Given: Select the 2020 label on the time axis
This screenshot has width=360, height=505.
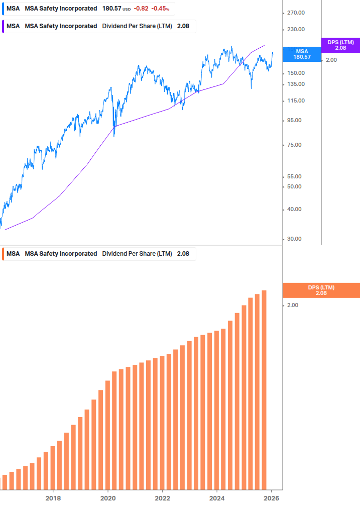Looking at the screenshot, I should (x=108, y=498).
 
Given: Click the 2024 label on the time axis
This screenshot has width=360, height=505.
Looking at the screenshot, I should (x=217, y=498).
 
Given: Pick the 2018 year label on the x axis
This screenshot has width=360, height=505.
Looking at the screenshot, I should (x=53, y=498).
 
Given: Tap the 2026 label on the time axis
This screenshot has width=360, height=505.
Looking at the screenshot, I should (x=272, y=498).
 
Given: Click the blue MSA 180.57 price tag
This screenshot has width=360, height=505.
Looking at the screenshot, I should (x=302, y=54).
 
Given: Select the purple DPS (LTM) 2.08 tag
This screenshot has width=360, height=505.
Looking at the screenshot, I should (x=340, y=45).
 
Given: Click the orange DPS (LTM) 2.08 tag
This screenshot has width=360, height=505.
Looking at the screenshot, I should (x=321, y=290).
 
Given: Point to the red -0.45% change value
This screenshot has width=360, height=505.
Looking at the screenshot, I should (x=160, y=9).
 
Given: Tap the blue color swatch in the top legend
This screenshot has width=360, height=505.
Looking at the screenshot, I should (x=3, y=9).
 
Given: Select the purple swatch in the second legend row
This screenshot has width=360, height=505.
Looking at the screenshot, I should (x=3, y=26).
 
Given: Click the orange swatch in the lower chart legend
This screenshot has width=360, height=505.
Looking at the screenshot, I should (x=3, y=254).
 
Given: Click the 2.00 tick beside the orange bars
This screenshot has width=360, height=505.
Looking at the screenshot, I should (x=293, y=306).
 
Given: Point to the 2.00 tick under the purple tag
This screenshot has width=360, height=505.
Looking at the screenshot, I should (x=331, y=60).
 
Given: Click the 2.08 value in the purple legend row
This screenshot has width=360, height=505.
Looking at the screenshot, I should (x=183, y=26).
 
